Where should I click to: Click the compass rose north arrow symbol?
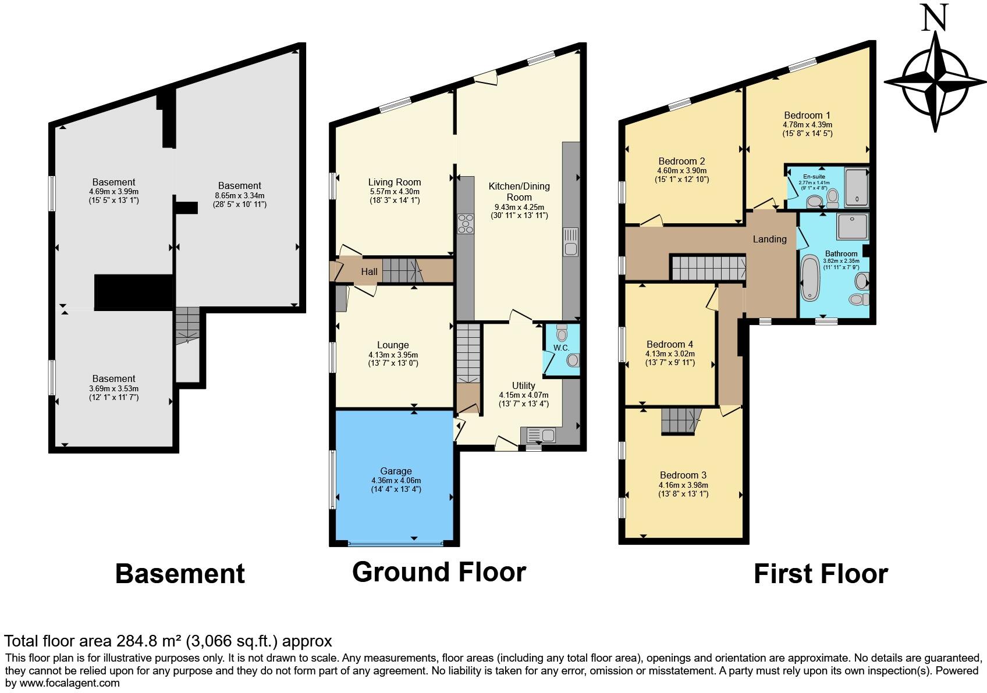tap(936, 81)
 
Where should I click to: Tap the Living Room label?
tap(394, 182)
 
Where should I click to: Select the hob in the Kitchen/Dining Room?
tap(466, 223)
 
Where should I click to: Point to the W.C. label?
tap(561, 348)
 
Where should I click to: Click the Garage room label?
tap(396, 471)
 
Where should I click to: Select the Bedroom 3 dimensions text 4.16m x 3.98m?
tap(683, 485)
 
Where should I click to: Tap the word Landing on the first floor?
tap(769, 239)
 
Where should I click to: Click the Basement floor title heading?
tap(180, 573)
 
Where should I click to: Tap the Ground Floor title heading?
tap(439, 571)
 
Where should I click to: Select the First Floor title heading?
tap(820, 574)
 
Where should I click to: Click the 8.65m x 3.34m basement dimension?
tap(239, 195)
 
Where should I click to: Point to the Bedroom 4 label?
tap(670, 344)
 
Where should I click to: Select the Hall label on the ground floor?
tap(369, 272)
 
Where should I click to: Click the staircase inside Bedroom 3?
tap(680, 420)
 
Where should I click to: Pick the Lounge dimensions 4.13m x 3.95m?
tap(393, 355)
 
